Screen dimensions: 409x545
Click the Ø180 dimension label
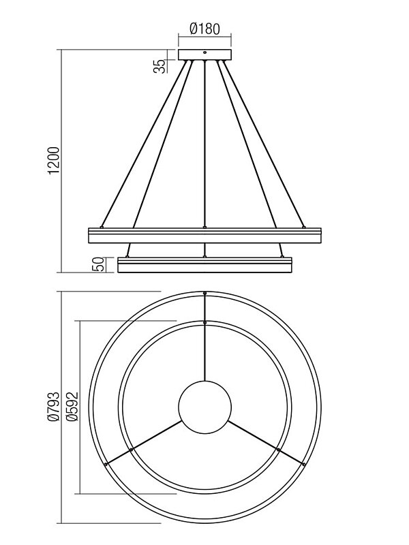click(x=205, y=29)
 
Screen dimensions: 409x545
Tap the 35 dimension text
click(x=160, y=66)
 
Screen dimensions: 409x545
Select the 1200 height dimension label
click(x=55, y=161)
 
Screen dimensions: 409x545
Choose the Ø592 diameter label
click(x=72, y=407)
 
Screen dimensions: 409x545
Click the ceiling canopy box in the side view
click(x=205, y=55)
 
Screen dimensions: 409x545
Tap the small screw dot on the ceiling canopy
click(x=205, y=53)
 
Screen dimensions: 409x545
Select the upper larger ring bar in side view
click(x=205, y=235)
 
